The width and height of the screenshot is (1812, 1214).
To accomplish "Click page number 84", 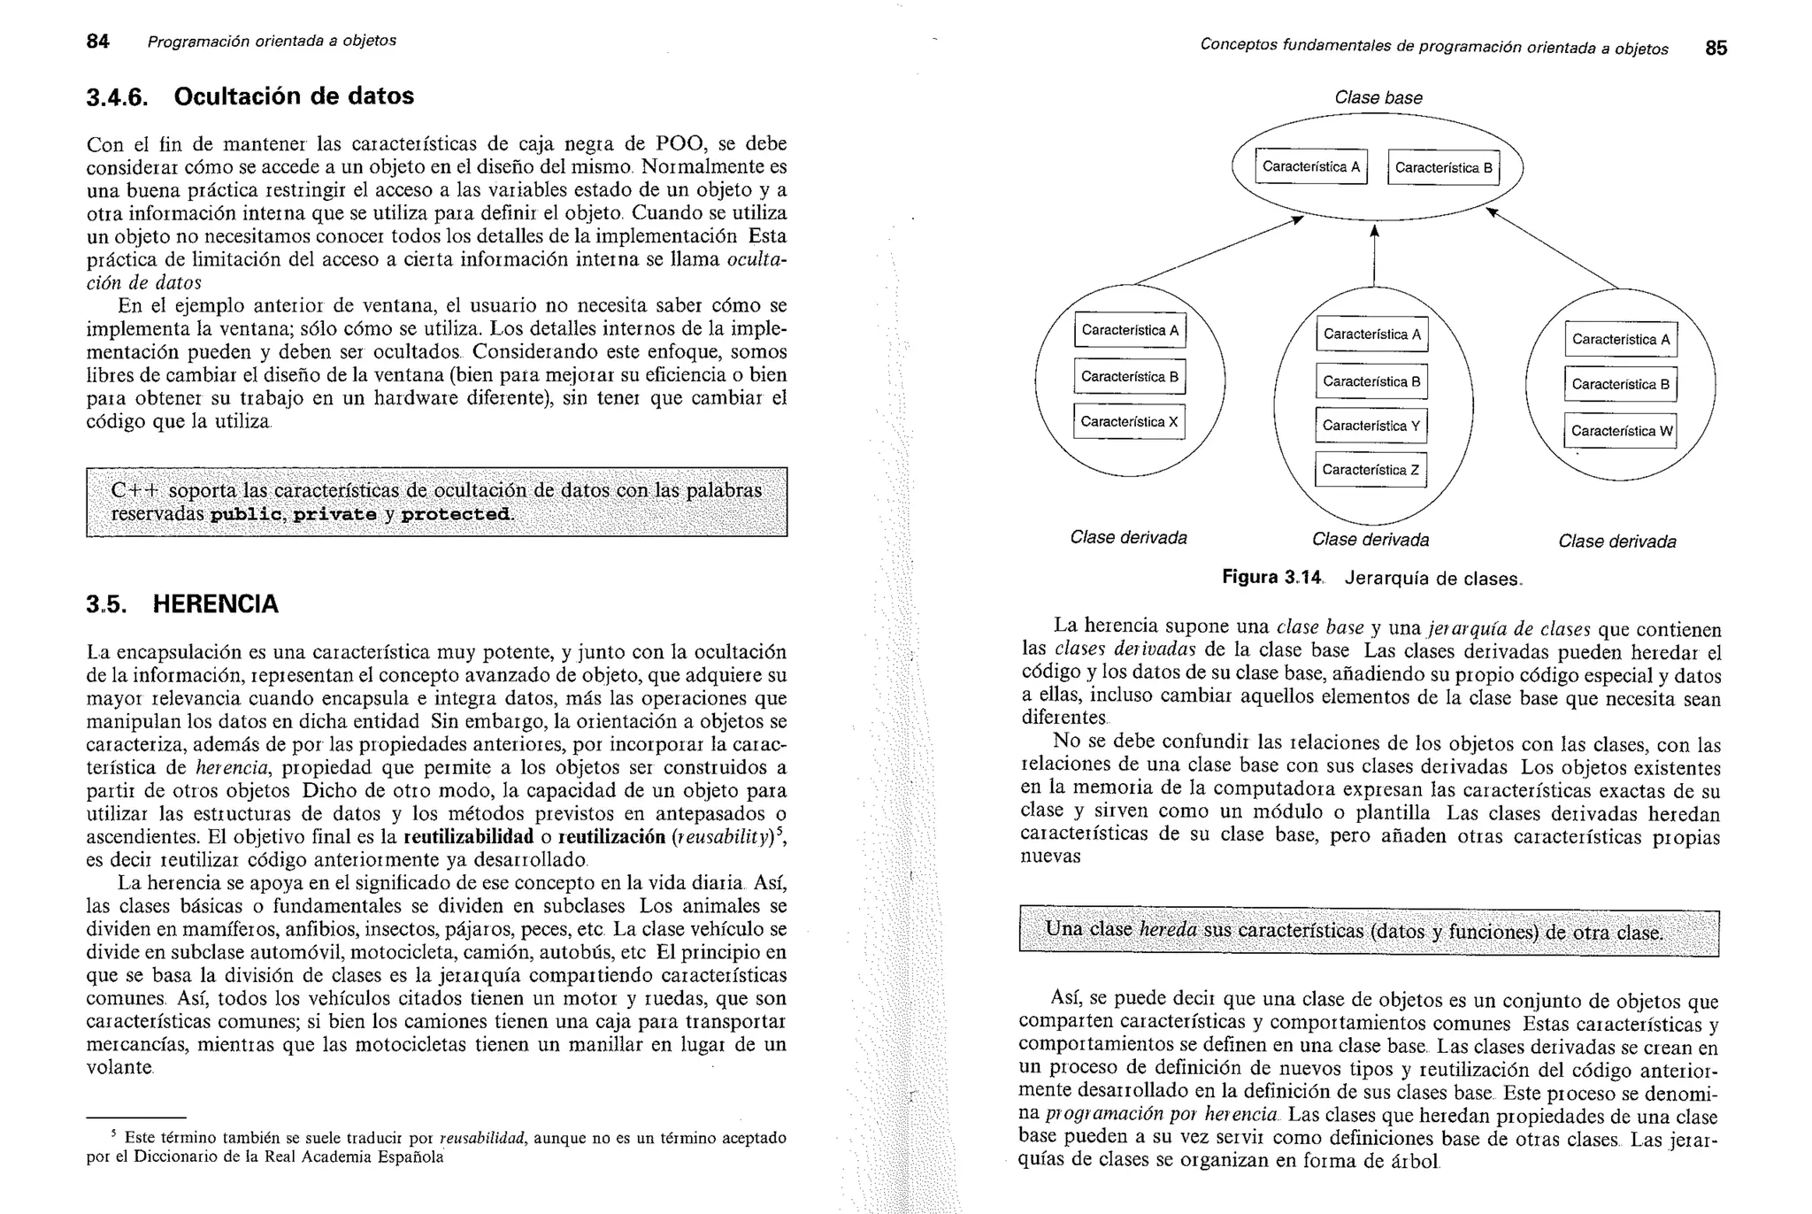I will tap(97, 42).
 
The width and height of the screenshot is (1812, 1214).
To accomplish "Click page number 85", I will tap(1716, 48).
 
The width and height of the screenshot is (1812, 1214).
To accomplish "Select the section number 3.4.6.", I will tap(117, 97).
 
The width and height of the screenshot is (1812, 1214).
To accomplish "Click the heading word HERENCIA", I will tap(215, 604).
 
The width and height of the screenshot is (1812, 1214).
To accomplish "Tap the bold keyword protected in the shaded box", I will tap(456, 514).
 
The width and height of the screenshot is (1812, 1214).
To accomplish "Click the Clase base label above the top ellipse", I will tap(1378, 98).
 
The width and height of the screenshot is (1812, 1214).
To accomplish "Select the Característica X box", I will tap(1129, 422).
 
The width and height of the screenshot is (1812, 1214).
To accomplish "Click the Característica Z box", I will tap(1371, 470).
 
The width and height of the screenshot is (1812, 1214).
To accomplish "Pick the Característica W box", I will tap(1621, 431).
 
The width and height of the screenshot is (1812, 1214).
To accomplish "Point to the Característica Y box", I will tap(1371, 426).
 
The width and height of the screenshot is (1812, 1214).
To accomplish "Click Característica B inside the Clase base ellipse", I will tap(1443, 168).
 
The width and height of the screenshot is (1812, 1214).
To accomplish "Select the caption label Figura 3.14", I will tap(1271, 578).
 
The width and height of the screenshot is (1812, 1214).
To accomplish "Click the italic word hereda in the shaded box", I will tap(1168, 930).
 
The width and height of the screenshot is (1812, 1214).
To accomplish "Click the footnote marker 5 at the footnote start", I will tap(113, 1133).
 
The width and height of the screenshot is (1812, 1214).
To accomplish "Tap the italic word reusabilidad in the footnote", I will tap(482, 1138).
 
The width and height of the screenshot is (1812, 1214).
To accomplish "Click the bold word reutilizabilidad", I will tap(468, 837).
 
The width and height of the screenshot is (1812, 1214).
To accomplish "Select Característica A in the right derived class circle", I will tap(1621, 340).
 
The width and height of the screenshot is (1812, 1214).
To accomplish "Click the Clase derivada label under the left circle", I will tap(1128, 538).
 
